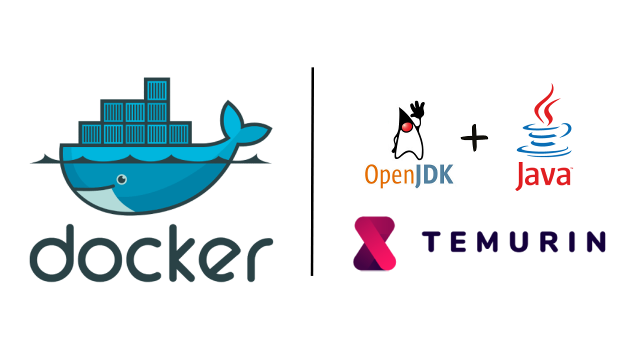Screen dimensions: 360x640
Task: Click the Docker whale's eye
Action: (x=121, y=179)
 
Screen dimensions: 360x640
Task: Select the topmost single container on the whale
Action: (x=157, y=89)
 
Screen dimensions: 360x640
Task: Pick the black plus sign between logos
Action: (x=474, y=137)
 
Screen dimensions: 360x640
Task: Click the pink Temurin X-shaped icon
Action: (x=374, y=243)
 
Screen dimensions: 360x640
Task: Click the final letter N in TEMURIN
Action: (x=594, y=241)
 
